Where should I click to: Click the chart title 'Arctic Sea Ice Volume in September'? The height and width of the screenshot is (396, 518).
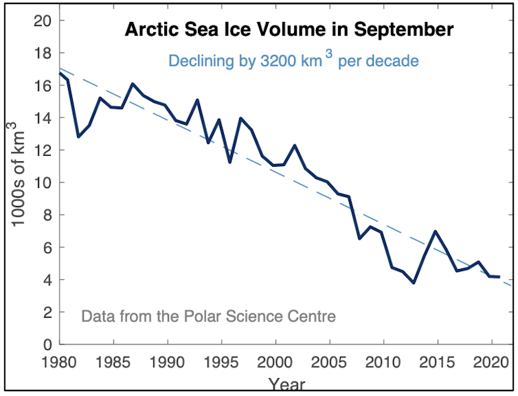point(289,30)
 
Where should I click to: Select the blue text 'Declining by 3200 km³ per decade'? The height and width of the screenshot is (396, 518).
point(293,60)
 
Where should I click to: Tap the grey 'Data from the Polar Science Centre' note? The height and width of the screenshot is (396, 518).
point(208,316)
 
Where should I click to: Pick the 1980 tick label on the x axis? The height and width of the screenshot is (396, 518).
point(59,361)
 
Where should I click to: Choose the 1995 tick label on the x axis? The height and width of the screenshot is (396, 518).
point(221,361)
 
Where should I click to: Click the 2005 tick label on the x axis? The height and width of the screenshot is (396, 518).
point(330,361)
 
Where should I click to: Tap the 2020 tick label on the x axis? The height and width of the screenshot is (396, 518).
point(491,361)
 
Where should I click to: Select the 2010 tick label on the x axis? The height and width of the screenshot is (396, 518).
point(383,361)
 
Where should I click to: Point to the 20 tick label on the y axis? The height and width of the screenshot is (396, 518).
point(43,21)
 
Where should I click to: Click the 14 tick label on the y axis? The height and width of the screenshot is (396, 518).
point(43,118)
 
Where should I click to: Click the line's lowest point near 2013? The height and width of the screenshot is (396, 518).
point(414,283)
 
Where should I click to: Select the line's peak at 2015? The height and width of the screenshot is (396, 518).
point(436,231)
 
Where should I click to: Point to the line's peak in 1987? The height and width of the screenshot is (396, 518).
point(133,84)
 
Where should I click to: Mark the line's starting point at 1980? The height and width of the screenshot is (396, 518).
point(59,73)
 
